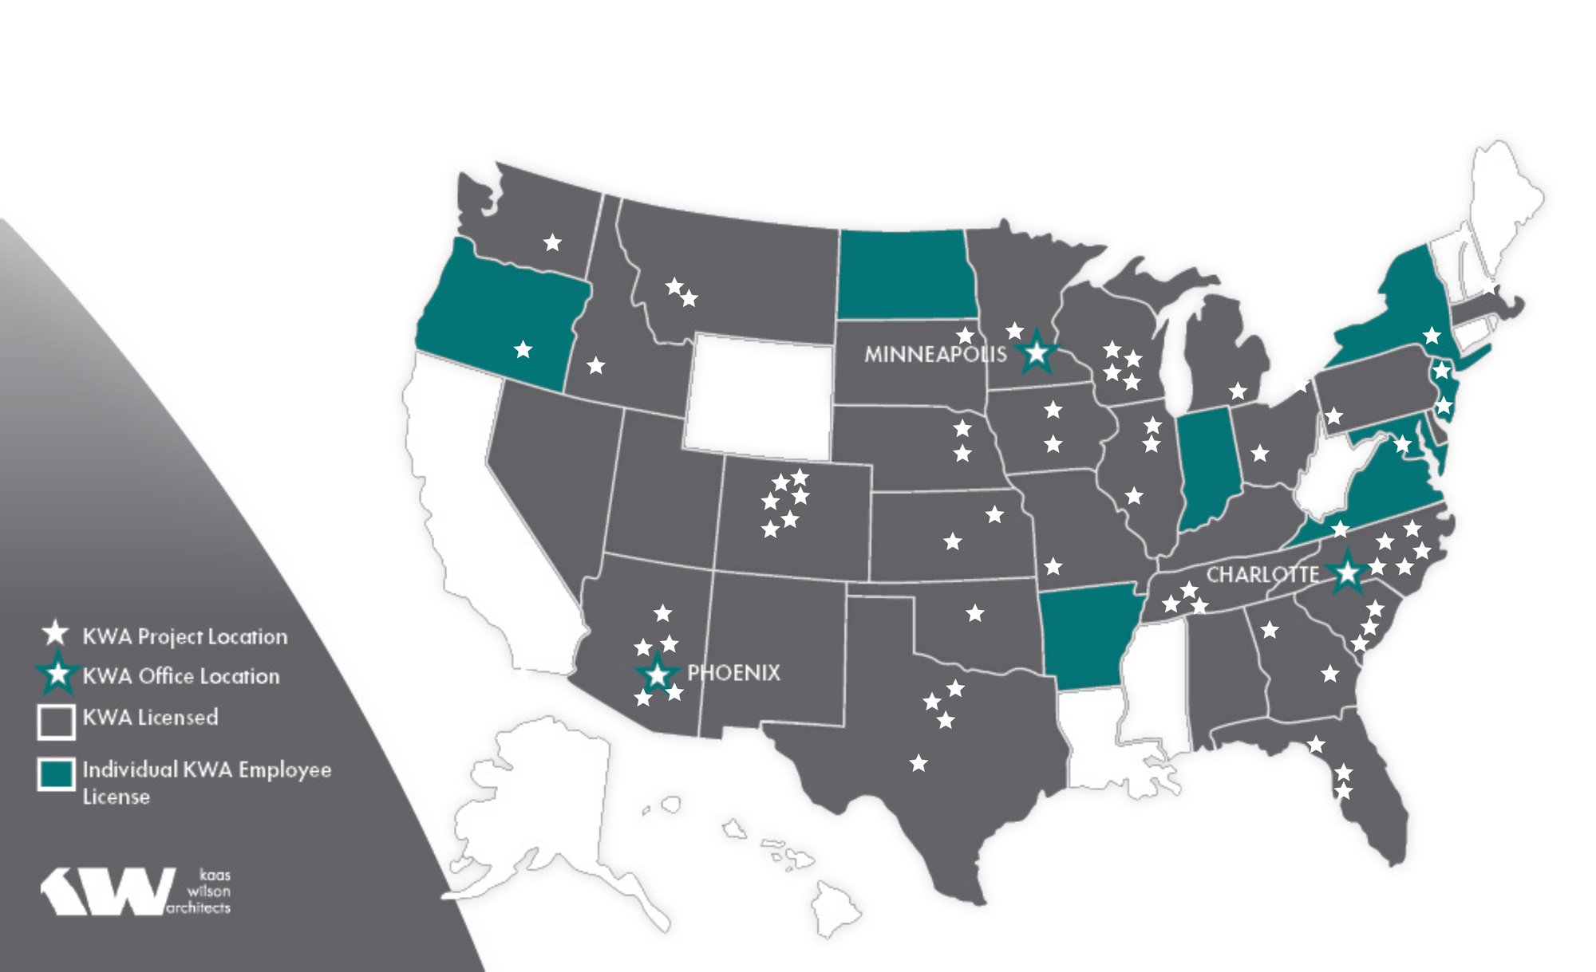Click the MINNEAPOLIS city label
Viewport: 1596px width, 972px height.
(x=934, y=354)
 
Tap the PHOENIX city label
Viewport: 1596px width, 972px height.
(x=733, y=673)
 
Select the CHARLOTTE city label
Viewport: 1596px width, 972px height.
(x=1262, y=575)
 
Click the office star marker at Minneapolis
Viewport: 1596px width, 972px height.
(x=1036, y=352)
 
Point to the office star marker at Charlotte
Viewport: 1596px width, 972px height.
(x=1347, y=573)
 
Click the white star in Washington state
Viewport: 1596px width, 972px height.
(x=552, y=242)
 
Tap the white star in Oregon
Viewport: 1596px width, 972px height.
(x=523, y=349)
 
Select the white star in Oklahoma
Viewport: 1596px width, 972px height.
(x=974, y=613)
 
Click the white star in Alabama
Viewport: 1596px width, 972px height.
(x=1269, y=630)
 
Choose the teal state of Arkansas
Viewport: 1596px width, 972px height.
(x=1085, y=634)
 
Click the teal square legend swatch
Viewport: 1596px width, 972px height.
(x=57, y=774)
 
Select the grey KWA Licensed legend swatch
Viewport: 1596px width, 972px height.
(x=57, y=722)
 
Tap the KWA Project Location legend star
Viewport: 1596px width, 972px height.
(x=55, y=634)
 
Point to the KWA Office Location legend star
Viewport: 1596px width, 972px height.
(x=57, y=675)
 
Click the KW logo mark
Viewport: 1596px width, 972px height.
(x=108, y=891)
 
